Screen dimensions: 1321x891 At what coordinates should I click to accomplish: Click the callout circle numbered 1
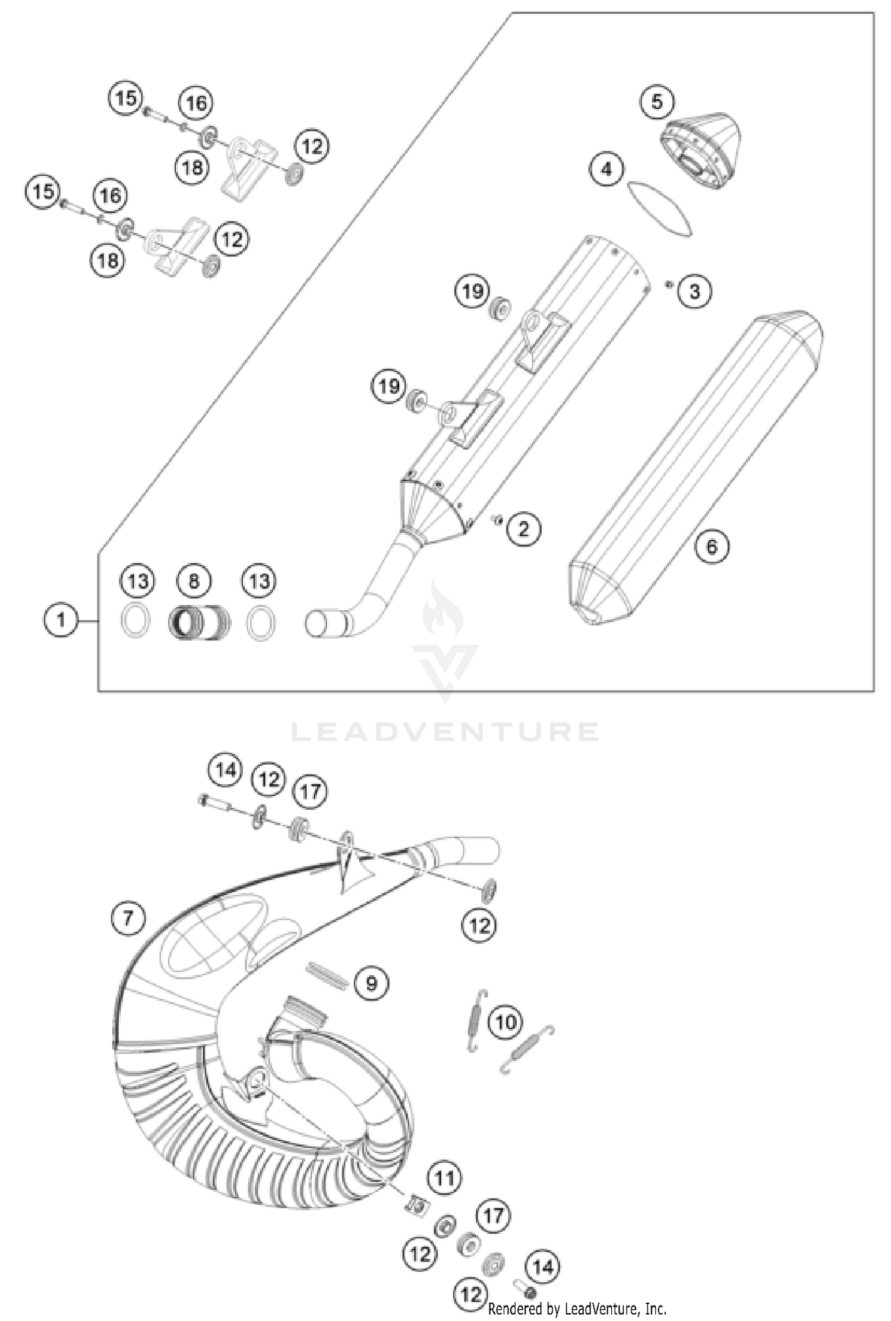click(x=61, y=621)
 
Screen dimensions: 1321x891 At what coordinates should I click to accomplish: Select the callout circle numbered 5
click(x=657, y=102)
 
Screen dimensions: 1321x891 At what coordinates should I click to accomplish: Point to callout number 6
click(x=712, y=546)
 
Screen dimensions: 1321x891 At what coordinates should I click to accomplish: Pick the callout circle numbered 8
click(x=194, y=581)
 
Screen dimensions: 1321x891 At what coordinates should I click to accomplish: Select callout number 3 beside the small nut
click(x=694, y=292)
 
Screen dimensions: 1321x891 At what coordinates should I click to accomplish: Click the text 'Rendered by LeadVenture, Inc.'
click(x=577, y=1309)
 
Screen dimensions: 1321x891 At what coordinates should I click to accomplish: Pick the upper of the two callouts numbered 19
click(x=472, y=292)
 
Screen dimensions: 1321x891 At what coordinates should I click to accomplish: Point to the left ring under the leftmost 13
click(x=135, y=621)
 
